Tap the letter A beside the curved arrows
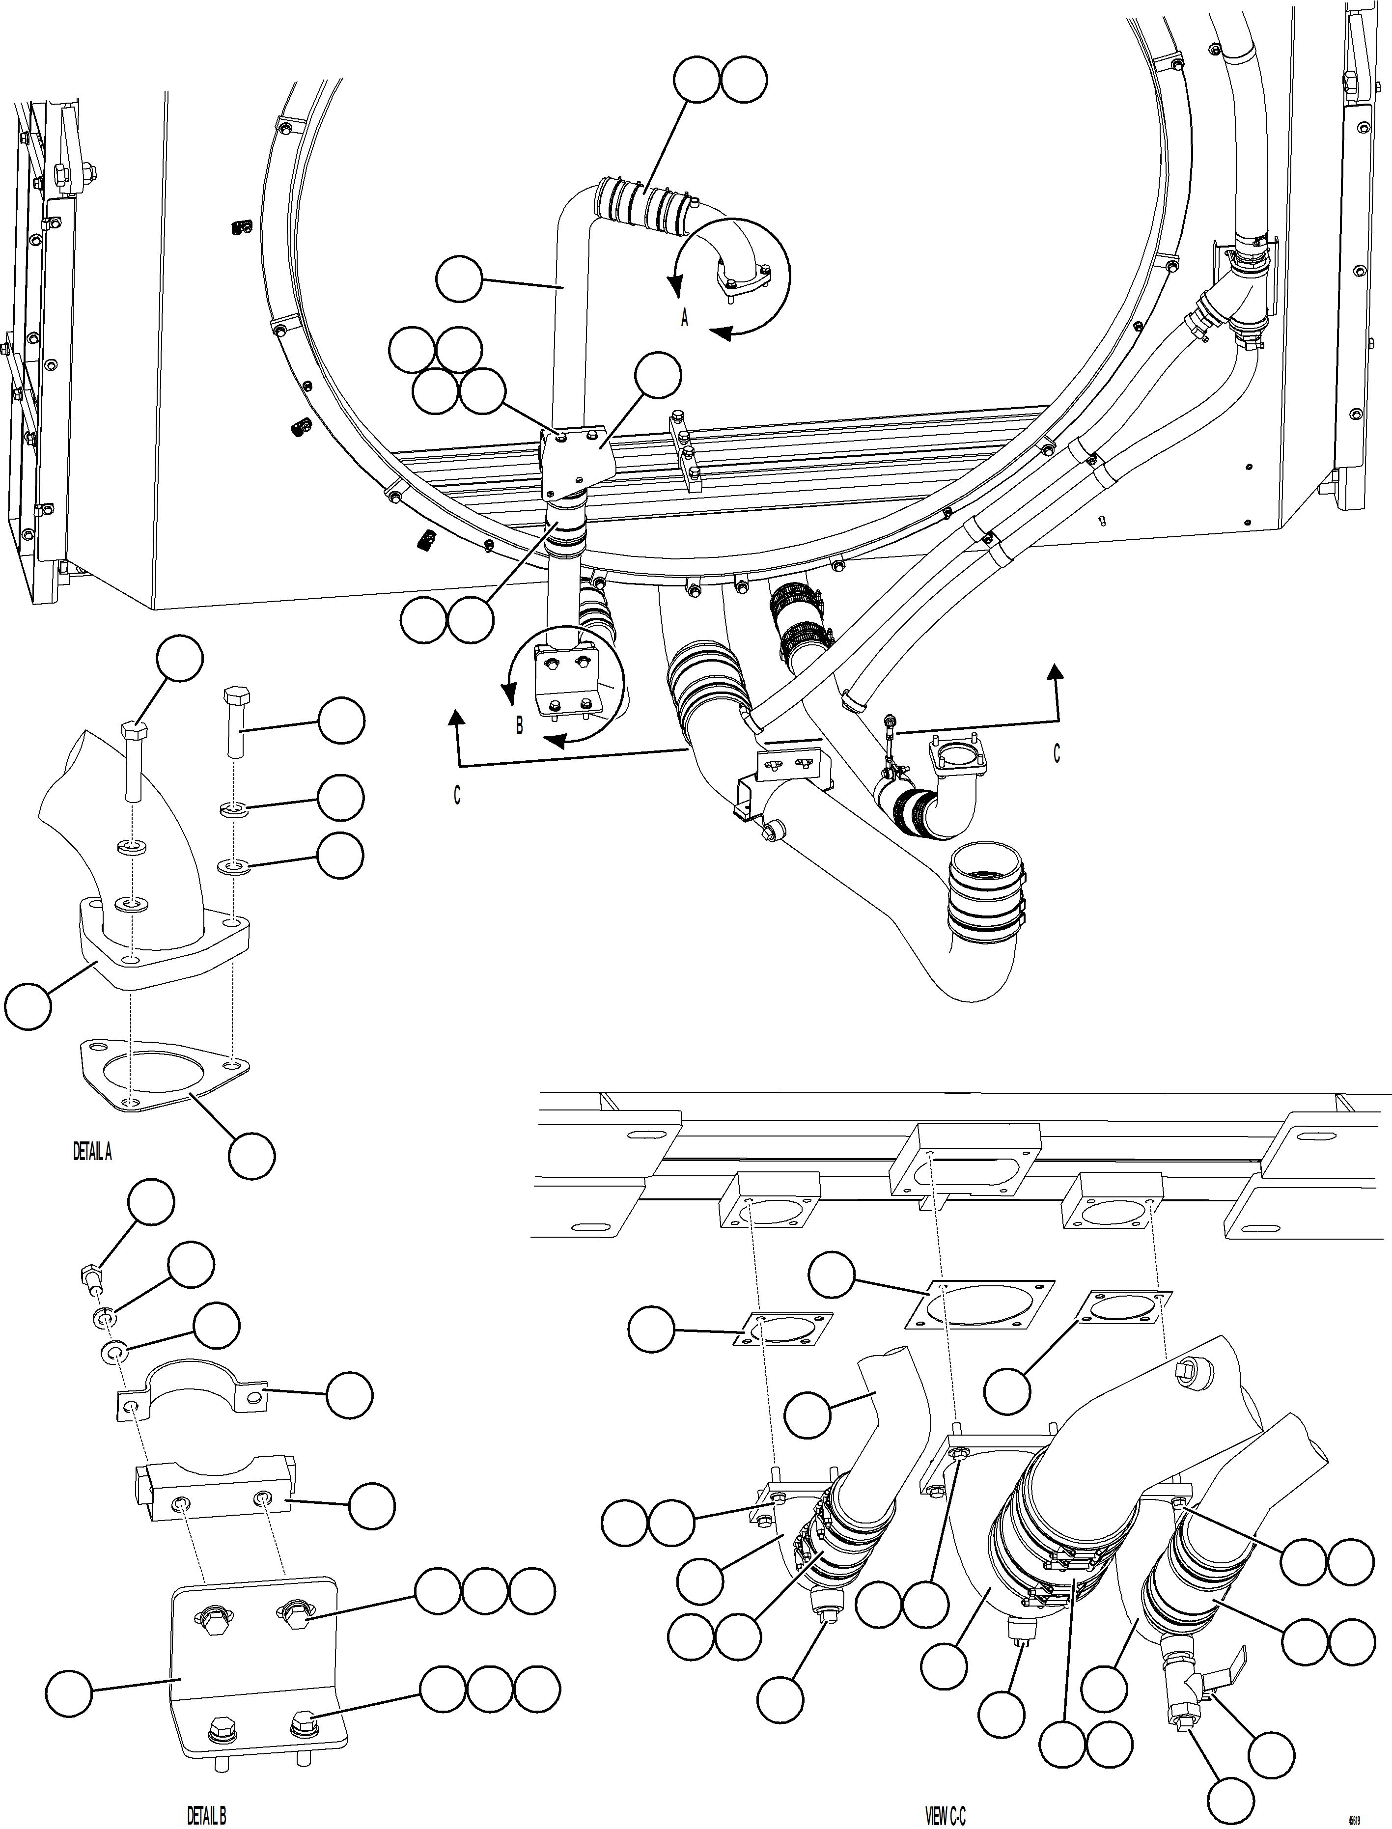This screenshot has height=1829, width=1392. [684, 318]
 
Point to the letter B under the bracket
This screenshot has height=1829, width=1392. [520, 725]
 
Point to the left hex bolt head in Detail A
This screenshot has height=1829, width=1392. [134, 732]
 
